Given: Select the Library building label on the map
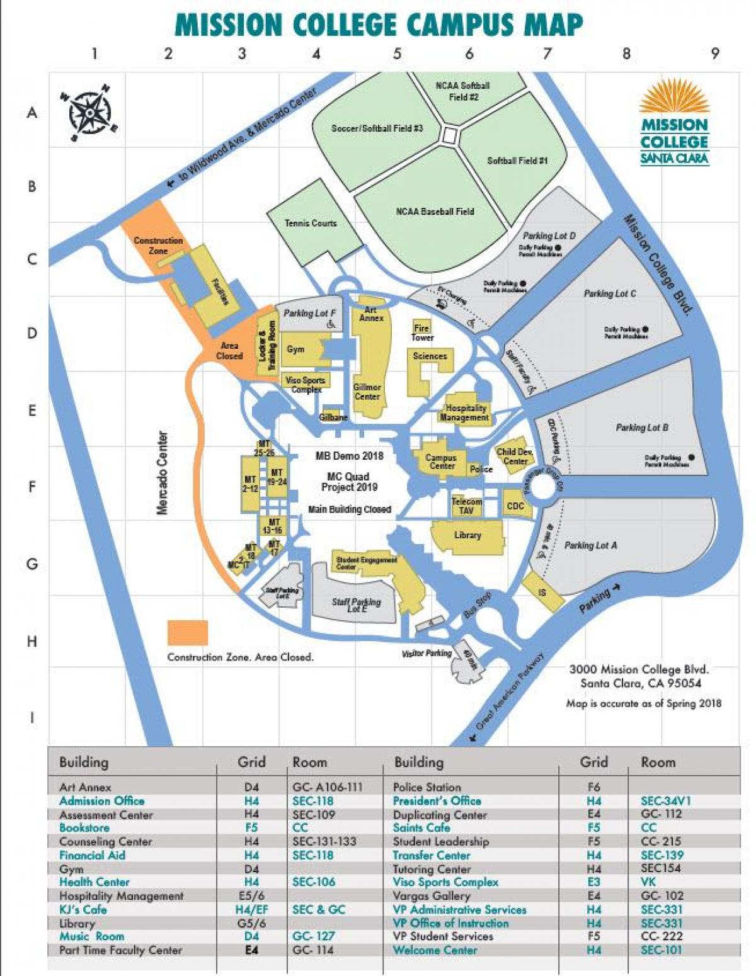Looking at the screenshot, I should click(x=467, y=536).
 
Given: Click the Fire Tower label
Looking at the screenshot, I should click(x=421, y=332).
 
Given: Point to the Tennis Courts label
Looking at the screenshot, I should click(x=310, y=223).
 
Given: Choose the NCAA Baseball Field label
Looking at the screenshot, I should click(x=435, y=212).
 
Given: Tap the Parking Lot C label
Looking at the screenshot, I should click(x=609, y=293).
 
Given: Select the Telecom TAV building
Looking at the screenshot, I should click(x=466, y=506).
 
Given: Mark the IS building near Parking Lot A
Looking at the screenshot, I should click(x=542, y=593).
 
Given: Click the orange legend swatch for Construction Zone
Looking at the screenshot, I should click(x=187, y=632).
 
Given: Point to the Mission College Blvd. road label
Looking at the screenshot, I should click(x=658, y=264).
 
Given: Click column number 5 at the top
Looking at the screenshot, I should click(x=397, y=54).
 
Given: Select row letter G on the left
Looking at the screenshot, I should click(x=31, y=564).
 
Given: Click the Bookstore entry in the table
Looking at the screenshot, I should click(x=84, y=827).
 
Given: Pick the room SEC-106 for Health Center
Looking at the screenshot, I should click(x=313, y=882).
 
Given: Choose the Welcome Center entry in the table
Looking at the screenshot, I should click(x=435, y=950).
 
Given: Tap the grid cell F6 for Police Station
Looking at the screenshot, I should click(x=593, y=787).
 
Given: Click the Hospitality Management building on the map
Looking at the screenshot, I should click(x=464, y=412).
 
